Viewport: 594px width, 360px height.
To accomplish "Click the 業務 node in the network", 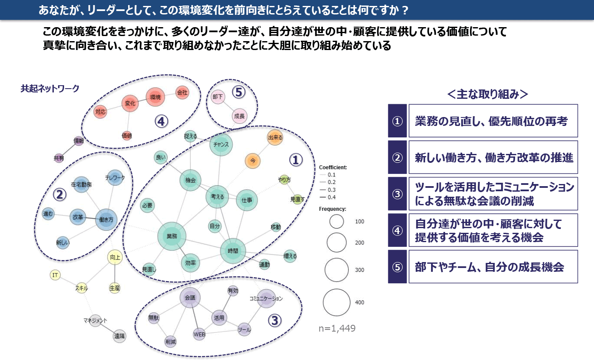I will [x=171, y=236].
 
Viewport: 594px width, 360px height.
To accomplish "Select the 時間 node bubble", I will [x=233, y=251].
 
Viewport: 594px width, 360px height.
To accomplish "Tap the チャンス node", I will [x=221, y=144].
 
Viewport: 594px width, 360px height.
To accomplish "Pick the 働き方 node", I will [x=106, y=220].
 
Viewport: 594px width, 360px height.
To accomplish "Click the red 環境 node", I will [x=156, y=98].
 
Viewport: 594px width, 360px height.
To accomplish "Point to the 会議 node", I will [x=190, y=298].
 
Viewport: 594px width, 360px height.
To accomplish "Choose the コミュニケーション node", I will [x=266, y=299].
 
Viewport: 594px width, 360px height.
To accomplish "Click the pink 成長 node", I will [x=239, y=116].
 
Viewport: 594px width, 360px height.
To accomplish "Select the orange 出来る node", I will [x=275, y=138].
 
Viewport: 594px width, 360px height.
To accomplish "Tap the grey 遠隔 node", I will [x=119, y=336].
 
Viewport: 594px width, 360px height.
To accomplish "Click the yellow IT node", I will [x=55, y=275].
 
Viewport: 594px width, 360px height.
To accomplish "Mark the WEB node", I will [x=199, y=334].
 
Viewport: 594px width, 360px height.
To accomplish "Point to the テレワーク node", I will [x=115, y=178].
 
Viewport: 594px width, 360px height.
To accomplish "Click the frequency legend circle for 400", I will [x=336, y=302].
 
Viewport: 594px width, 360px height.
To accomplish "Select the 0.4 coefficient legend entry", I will [x=333, y=197].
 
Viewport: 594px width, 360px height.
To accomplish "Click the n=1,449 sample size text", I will [x=337, y=328].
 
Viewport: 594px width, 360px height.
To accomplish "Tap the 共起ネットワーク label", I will [x=50, y=89].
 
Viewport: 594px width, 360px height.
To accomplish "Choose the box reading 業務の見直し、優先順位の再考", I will [x=493, y=121].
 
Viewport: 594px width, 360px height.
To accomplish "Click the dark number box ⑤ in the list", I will [x=397, y=267].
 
